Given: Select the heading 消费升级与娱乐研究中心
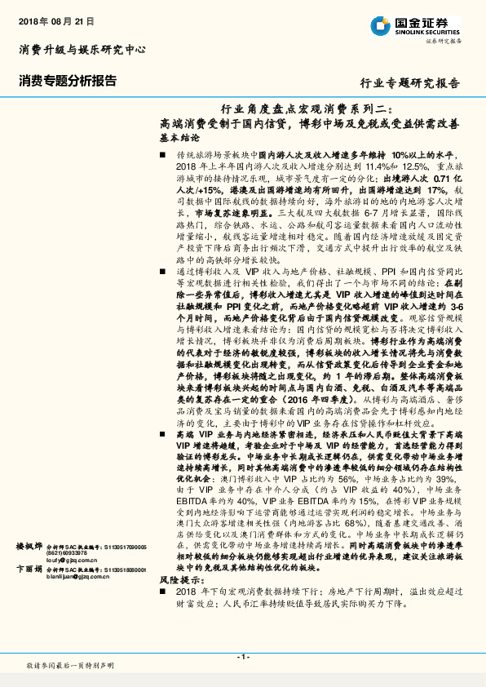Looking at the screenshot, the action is [x=82, y=50].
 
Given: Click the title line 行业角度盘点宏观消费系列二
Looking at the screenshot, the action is [x=308, y=109].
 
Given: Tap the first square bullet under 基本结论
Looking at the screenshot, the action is [x=163, y=154].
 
